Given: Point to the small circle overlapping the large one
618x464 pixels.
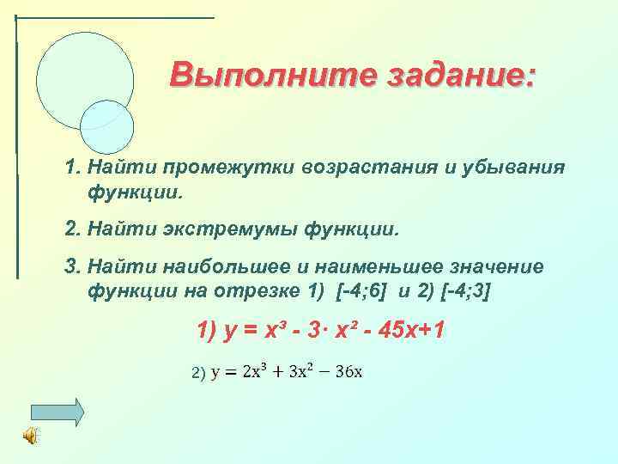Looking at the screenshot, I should [x=107, y=127].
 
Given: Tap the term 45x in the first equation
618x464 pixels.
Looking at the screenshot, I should [x=391, y=330].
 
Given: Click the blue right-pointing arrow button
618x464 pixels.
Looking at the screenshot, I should [x=58, y=412].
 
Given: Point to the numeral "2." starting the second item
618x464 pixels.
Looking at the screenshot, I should [x=73, y=229].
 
